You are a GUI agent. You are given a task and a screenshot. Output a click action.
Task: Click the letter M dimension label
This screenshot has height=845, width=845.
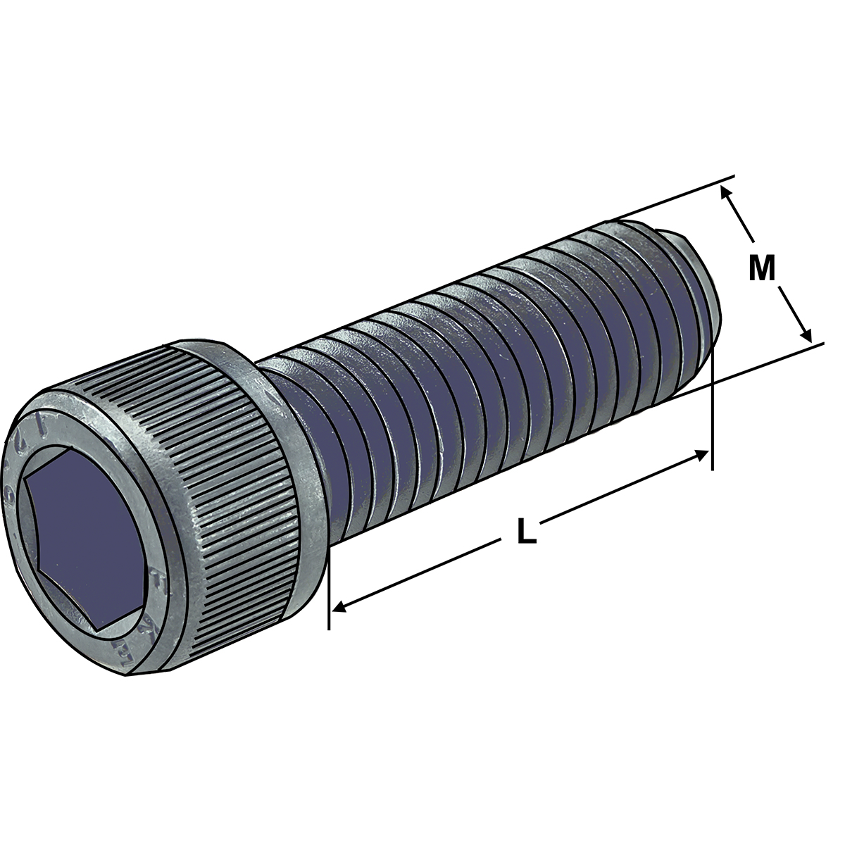tap(761, 268)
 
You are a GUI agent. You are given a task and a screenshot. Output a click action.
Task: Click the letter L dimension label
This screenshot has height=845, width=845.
tap(525, 531)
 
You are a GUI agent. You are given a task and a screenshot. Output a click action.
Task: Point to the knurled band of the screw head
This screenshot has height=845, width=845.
tap(232, 493)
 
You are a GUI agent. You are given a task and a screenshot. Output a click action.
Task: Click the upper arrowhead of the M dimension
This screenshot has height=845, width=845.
tap(725, 192)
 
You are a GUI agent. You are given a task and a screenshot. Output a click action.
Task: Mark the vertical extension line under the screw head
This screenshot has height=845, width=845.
tap(328, 599)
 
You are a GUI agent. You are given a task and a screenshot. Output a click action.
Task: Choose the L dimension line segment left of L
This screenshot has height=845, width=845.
tap(423, 571)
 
